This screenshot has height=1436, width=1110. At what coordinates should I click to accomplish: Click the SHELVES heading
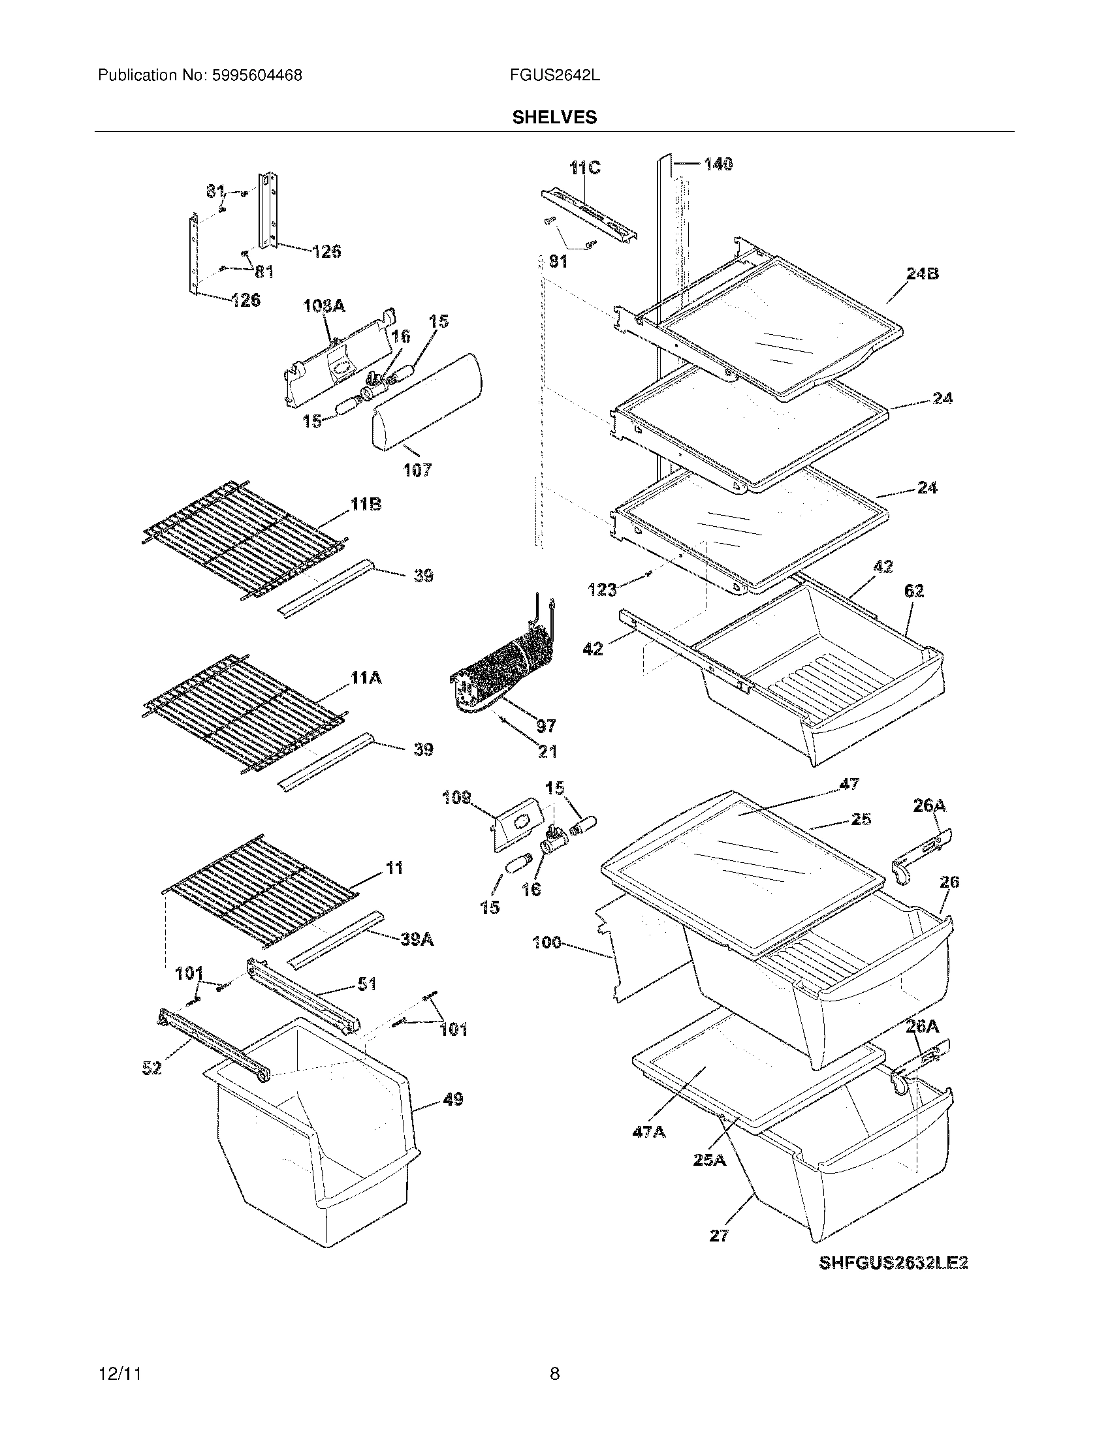554,117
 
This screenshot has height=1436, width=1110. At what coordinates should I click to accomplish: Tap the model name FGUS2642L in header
554,76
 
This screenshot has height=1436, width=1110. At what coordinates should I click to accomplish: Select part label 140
718,164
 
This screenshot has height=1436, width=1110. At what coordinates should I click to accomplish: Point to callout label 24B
922,273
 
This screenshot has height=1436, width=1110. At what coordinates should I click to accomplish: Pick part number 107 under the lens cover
417,469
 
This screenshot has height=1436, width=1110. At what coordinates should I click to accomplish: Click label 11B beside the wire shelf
366,505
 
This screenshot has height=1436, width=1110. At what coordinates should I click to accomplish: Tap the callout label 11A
366,678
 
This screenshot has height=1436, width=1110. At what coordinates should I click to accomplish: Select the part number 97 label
546,726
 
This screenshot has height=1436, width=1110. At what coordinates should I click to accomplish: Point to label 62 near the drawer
914,591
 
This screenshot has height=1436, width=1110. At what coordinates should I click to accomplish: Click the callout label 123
602,590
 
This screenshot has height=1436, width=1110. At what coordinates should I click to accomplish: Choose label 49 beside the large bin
453,1099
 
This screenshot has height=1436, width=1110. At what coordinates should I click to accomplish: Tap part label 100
547,943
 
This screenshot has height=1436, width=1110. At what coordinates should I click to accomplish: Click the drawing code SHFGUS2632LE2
893,1262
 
